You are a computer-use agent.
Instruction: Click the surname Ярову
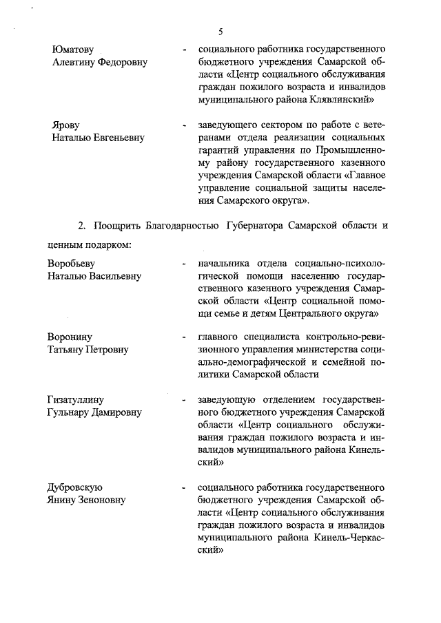point(66,126)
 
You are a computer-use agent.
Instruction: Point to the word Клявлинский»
point(339,99)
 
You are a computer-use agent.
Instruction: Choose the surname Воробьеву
point(71,264)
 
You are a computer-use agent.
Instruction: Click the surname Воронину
point(70,337)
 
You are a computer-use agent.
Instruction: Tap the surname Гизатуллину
point(78,400)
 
